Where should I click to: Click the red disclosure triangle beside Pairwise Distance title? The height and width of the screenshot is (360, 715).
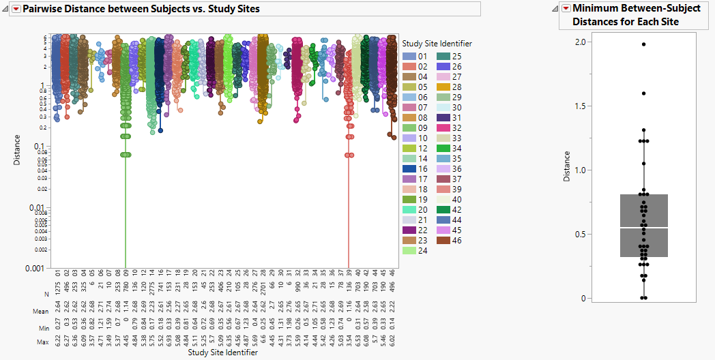[16, 9]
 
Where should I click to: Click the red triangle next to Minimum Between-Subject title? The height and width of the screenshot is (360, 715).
[565, 8]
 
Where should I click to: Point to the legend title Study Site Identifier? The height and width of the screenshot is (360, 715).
[437, 44]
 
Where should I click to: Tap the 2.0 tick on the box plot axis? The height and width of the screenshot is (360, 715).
[580, 42]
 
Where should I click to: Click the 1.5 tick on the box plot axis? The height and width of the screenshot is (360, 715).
[580, 106]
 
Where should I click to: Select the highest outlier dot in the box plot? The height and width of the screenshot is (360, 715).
[643, 44]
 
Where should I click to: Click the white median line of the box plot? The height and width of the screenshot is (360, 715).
[643, 228]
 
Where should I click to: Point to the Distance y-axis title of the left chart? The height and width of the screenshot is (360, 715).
[17, 150]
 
